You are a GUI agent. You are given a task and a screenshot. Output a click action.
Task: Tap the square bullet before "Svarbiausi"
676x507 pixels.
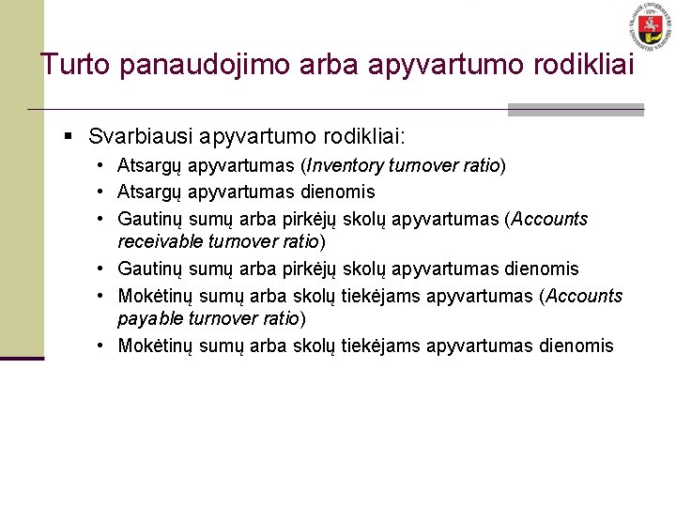pyautogui.click(x=68, y=137)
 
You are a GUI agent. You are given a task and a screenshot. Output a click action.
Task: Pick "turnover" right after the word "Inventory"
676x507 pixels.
pyautogui.click(x=433, y=166)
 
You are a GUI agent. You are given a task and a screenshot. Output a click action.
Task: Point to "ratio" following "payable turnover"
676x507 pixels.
pyautogui.click(x=278, y=318)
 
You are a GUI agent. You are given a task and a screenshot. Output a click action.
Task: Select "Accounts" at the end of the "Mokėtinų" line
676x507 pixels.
pyautogui.click(x=584, y=296)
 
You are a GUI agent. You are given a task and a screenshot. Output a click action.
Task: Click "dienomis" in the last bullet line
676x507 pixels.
pyautogui.click(x=576, y=346)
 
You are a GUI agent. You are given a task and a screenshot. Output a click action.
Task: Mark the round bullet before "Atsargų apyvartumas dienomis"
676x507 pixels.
pyautogui.click(x=99, y=192)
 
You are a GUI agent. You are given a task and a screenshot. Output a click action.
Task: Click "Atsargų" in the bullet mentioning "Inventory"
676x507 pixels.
pyautogui.click(x=149, y=166)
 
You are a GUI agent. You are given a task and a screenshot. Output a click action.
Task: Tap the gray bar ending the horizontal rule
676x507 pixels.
pyautogui.click(x=576, y=110)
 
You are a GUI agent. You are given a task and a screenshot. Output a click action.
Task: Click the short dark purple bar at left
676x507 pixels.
pyautogui.click(x=22, y=358)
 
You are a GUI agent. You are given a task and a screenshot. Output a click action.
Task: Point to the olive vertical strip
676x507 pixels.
pyautogui.click(x=22, y=178)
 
